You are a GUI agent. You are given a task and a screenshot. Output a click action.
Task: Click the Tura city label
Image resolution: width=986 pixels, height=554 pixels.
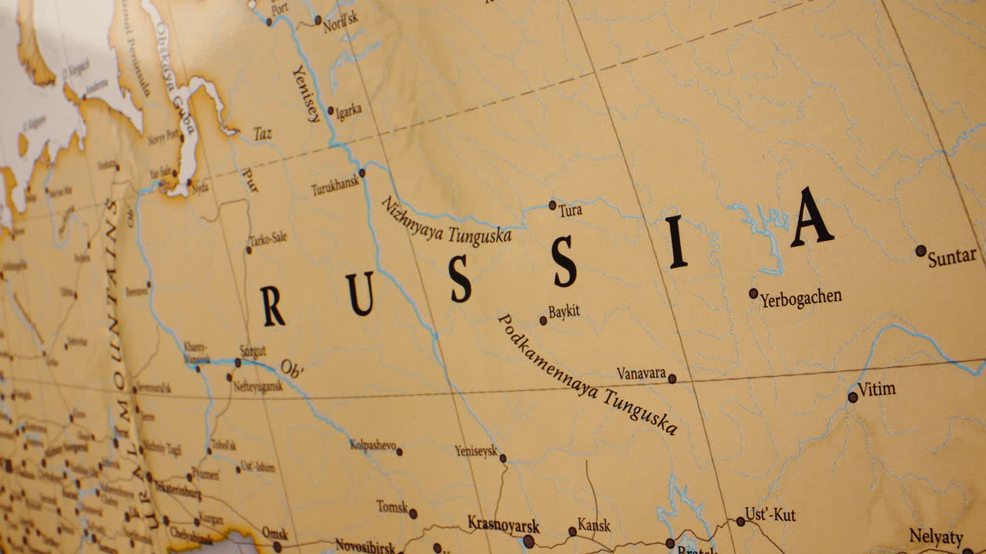(x=571, y=210)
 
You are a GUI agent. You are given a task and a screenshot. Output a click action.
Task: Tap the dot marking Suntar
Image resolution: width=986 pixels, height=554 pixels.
(x=921, y=250)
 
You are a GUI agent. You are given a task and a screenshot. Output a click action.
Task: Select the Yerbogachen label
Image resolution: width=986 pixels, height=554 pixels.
(x=801, y=298)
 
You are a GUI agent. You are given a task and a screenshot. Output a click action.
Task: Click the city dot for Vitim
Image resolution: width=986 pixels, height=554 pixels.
(x=853, y=398)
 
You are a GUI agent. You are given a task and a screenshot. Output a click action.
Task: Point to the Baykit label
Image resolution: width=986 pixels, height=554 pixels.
(x=564, y=312)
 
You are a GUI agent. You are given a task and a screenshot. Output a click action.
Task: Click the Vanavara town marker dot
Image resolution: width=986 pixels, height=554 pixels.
(x=672, y=379)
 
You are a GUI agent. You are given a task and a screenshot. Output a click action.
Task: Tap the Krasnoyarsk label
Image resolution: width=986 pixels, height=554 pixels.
(x=503, y=526)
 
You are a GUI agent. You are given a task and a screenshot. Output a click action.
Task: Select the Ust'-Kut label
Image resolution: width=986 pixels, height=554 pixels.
(x=770, y=515)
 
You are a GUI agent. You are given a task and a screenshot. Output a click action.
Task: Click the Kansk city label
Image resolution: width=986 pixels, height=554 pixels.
(x=594, y=526)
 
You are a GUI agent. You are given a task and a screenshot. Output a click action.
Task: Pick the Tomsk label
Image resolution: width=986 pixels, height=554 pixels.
(x=392, y=507)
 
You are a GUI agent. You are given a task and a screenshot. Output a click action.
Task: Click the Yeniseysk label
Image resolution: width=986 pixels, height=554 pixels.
(x=476, y=451)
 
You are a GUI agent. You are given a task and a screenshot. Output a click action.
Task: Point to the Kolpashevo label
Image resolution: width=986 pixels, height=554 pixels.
(x=373, y=445)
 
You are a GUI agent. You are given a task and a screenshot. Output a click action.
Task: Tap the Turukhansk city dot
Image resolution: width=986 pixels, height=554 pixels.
(x=362, y=173)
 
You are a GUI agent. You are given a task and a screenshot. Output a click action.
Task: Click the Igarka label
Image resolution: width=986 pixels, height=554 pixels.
(x=348, y=111)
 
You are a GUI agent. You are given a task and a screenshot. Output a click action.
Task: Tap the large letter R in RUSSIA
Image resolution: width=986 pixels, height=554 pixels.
(x=272, y=305)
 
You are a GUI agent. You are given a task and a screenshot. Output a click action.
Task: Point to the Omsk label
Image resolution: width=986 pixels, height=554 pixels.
(x=275, y=533)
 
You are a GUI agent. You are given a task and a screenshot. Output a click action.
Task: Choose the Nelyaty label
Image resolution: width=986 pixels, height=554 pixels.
(x=936, y=536)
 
